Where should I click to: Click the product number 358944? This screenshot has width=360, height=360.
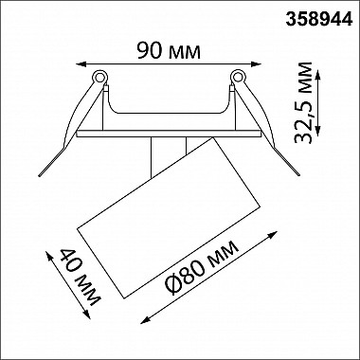point(319,20)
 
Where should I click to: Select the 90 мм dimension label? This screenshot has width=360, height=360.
point(169,50)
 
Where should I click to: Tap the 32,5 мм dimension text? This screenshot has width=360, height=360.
point(302,102)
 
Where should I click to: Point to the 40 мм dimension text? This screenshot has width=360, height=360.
point(81,278)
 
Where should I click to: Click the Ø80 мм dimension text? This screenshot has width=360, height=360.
point(203,268)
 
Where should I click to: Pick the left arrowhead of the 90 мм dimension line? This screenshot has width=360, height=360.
point(81,64)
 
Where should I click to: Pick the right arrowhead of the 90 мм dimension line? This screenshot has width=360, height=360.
point(256,64)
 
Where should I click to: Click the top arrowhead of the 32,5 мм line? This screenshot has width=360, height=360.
point(318,76)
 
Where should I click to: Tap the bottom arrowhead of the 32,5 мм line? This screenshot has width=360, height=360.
point(318,131)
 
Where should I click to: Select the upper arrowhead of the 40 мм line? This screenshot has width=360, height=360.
point(49,256)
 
